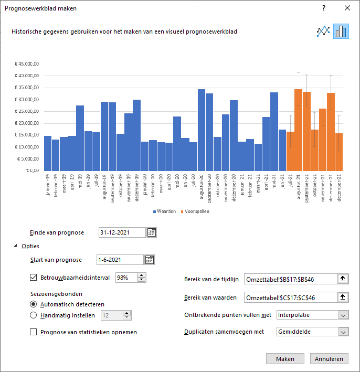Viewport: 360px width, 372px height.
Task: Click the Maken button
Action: pyautogui.click(x=284, y=359)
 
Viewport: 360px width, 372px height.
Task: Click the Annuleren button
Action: pyautogui.click(x=329, y=359)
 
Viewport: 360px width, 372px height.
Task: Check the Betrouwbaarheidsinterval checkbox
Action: pyautogui.click(x=34, y=278)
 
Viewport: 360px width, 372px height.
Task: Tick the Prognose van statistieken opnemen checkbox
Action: pyautogui.click(x=34, y=332)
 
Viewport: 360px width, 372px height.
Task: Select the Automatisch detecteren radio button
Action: pyautogui.click(x=34, y=304)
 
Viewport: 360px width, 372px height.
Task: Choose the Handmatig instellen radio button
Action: pyautogui.click(x=34, y=315)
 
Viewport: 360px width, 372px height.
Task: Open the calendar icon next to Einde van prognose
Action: pyautogui.click(x=152, y=232)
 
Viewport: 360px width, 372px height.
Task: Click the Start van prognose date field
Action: pyautogui.click(x=120, y=260)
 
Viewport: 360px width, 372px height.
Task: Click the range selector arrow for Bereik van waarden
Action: pyautogui.click(x=343, y=297)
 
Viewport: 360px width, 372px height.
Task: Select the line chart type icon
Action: pyautogui.click(x=323, y=31)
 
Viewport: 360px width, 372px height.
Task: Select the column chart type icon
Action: pyautogui.click(x=341, y=31)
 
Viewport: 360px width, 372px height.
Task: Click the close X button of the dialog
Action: pyautogui.click(x=347, y=8)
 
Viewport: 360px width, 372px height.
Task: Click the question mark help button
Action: pyautogui.click(x=324, y=8)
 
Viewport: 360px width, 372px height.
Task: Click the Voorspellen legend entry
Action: pyautogui.click(x=196, y=211)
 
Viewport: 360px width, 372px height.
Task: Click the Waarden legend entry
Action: pyautogui.click(x=165, y=211)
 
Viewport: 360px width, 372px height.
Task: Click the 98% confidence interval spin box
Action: pyautogui.click(x=126, y=278)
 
